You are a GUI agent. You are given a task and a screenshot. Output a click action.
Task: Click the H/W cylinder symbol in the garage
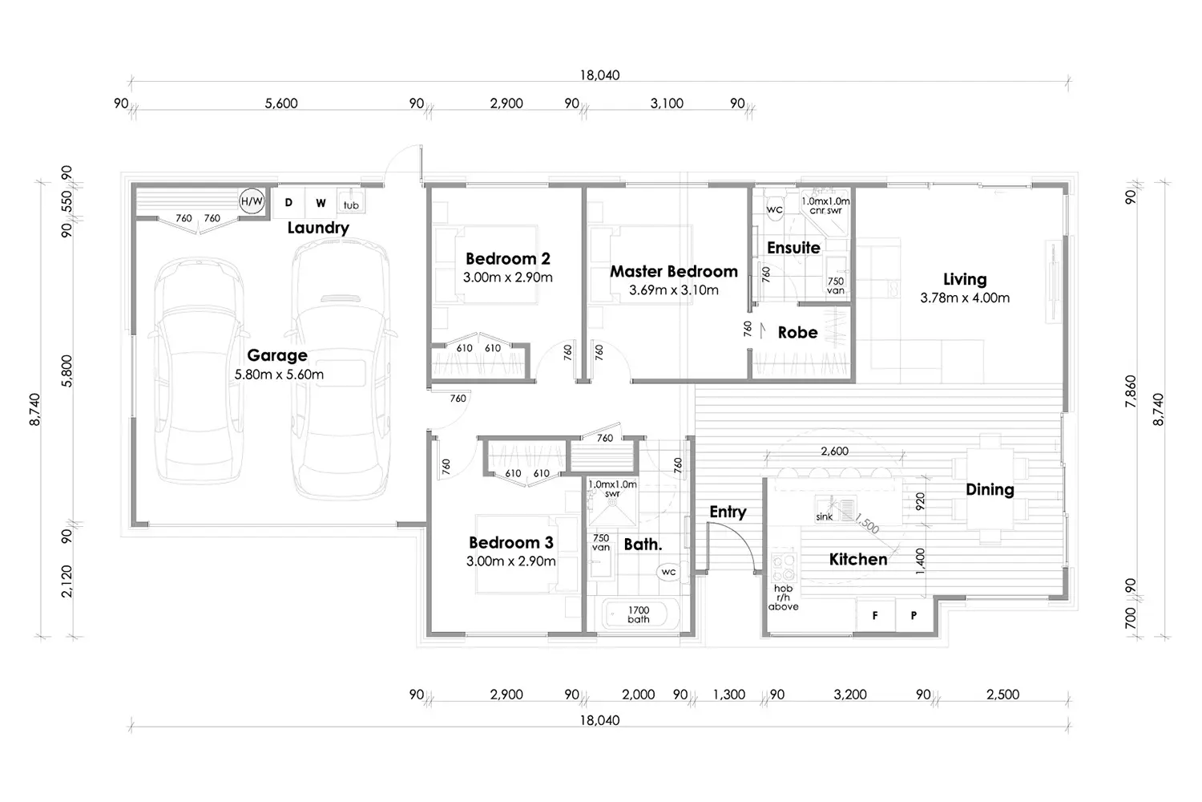[x=252, y=201]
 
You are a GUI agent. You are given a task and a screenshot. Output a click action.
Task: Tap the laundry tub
[x=351, y=201]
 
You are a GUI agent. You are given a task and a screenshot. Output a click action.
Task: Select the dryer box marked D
[x=288, y=203]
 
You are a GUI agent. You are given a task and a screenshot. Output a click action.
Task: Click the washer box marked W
[x=321, y=203]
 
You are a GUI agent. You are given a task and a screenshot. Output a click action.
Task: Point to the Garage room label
[x=277, y=355]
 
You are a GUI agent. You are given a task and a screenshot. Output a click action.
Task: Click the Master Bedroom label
[x=673, y=271]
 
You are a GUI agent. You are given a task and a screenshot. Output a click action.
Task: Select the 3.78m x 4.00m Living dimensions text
[x=965, y=298]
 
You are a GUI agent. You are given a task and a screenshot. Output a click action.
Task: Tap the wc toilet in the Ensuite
[x=774, y=207]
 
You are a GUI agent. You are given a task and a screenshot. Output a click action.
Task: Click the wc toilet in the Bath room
[x=669, y=572]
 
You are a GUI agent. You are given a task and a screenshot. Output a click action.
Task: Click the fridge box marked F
[x=875, y=616]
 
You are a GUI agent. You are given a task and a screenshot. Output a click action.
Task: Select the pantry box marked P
[x=914, y=616]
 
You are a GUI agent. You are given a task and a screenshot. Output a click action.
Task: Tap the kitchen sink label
[x=825, y=516]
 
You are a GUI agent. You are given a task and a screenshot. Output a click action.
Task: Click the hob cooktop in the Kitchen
[x=784, y=565]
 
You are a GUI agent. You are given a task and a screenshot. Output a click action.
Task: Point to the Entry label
[x=728, y=512]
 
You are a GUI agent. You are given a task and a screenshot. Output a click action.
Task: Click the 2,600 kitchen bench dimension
[x=834, y=452]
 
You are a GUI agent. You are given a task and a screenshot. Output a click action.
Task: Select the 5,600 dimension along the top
[x=281, y=103]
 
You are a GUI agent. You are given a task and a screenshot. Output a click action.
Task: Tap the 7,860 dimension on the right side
[x=1131, y=391]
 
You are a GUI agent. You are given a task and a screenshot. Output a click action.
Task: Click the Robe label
[x=797, y=333]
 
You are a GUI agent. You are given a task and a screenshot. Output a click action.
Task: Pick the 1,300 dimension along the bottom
[x=728, y=695]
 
